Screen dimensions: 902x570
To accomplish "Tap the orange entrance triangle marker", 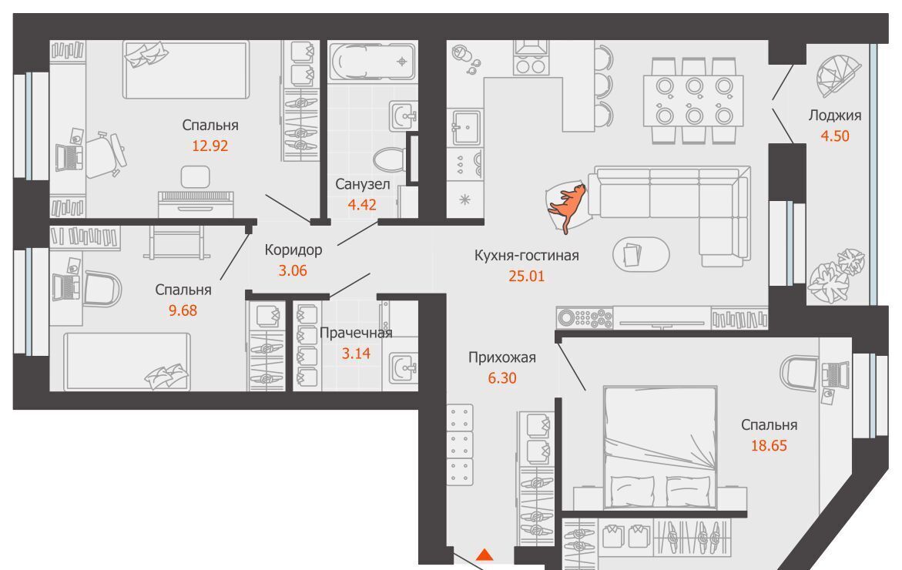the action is pyautogui.click(x=485, y=555).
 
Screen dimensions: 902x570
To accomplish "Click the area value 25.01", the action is pyautogui.click(x=526, y=276).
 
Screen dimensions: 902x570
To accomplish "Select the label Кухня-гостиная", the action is pyautogui.click(x=526, y=256).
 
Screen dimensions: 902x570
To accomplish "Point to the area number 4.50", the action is pyautogui.click(x=835, y=136).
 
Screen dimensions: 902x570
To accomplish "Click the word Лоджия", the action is pyautogui.click(x=835, y=116).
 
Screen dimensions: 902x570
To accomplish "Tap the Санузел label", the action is pyautogui.click(x=362, y=185).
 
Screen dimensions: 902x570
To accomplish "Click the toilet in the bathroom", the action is pyautogui.click(x=390, y=158).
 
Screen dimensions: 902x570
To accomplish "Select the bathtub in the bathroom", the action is pyautogui.click(x=372, y=62).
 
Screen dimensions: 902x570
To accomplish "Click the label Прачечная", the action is pyautogui.click(x=356, y=333).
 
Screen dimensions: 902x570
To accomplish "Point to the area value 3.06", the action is pyautogui.click(x=293, y=271).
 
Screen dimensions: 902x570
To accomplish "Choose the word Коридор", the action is pyautogui.click(x=293, y=250).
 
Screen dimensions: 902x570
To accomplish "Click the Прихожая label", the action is pyautogui.click(x=502, y=357).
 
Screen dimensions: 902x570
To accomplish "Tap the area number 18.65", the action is pyautogui.click(x=769, y=446).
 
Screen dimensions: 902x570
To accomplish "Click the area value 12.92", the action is pyautogui.click(x=210, y=146).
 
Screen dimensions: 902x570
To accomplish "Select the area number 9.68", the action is pyautogui.click(x=183, y=310).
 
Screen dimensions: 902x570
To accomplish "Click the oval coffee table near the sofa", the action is pyautogui.click(x=641, y=254).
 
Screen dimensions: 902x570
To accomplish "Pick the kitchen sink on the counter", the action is pyautogui.click(x=466, y=127).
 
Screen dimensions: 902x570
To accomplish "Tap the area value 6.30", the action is pyautogui.click(x=502, y=378).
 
